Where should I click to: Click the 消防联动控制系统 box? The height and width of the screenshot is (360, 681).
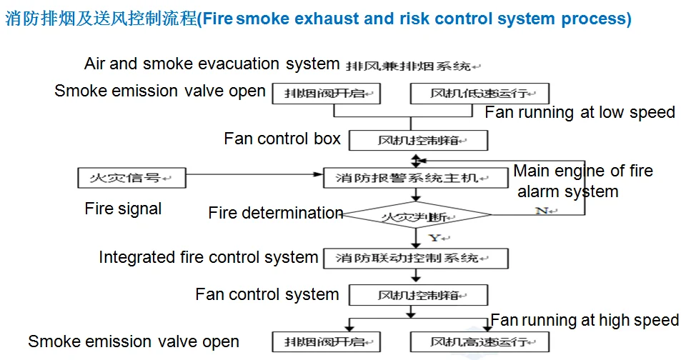(416, 258)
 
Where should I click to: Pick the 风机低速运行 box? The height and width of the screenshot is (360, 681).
(479, 94)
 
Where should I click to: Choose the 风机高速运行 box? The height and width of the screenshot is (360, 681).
(479, 341)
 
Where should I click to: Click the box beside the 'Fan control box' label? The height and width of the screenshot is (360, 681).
(418, 140)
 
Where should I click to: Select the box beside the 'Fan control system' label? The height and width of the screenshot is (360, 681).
(418, 295)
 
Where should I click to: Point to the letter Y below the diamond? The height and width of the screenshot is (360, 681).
(433, 237)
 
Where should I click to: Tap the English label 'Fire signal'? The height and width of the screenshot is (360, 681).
(123, 209)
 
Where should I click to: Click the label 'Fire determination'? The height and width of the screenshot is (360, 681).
(276, 213)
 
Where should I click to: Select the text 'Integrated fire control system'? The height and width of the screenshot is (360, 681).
(208, 257)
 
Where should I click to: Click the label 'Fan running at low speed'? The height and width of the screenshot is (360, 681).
(580, 112)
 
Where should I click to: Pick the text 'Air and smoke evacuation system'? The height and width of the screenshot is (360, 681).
(212, 64)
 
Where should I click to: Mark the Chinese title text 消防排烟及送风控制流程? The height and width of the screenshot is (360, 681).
(100, 19)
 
